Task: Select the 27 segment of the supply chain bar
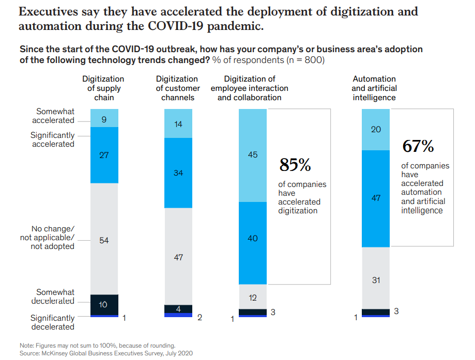click(104, 155)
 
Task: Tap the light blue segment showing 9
click(104, 118)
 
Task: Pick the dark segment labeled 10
click(104, 304)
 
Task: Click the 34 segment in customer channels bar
click(178, 173)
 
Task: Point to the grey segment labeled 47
click(178, 256)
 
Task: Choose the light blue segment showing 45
click(253, 155)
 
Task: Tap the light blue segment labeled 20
click(376, 130)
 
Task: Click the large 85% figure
click(295, 165)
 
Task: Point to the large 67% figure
click(418, 147)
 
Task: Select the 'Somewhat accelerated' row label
click(53, 116)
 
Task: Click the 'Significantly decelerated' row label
click(52, 322)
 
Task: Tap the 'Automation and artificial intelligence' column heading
click(374, 88)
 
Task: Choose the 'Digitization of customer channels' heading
click(177, 88)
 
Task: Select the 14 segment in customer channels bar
click(178, 124)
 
